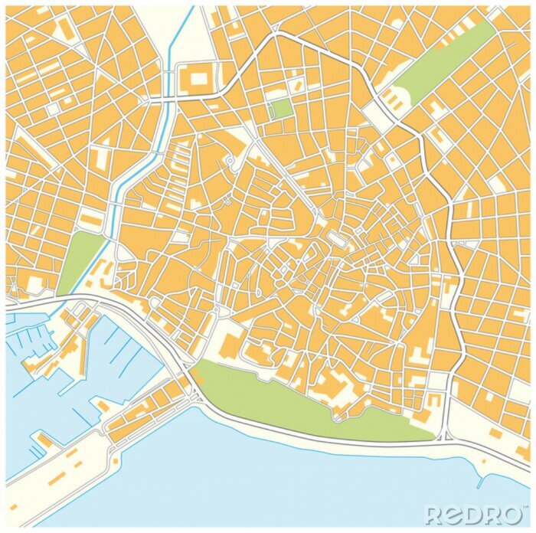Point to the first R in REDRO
click(434, 515)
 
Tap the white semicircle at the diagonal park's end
click(396, 98)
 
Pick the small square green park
click(282, 109)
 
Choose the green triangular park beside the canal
click(80, 260)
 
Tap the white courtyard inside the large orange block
click(198, 77)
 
